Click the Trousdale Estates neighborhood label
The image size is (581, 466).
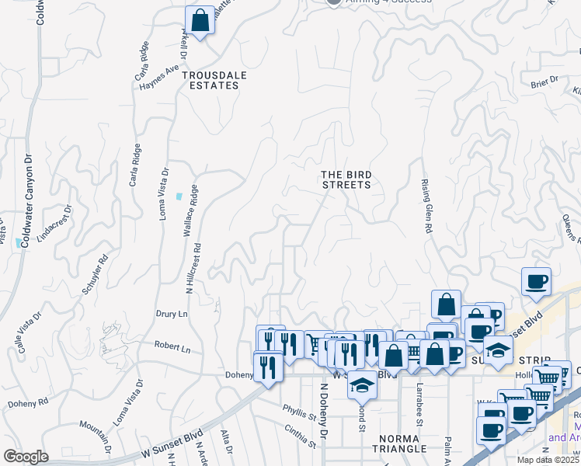(x=210, y=80)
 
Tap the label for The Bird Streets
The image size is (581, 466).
(x=346, y=179)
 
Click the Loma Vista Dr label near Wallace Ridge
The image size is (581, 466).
(x=164, y=193)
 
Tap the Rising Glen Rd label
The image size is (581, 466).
(x=426, y=205)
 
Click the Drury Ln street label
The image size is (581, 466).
(x=172, y=315)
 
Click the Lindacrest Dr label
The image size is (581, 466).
(x=54, y=224)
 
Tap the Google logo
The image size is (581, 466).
(x=26, y=457)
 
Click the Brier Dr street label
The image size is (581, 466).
(x=544, y=82)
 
